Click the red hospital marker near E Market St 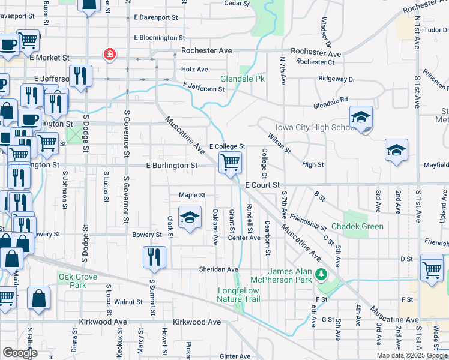tap(110, 55)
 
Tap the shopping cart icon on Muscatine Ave tap(231, 162)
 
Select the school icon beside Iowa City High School tap(361, 118)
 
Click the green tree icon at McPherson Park tap(321, 275)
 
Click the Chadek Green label tap(363, 226)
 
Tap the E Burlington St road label tap(172, 165)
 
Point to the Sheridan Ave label tap(219, 269)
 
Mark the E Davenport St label tap(156, 18)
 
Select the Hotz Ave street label tap(194, 70)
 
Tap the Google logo tap(19, 353)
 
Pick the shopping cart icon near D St tap(432, 268)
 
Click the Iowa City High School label tap(309, 128)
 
